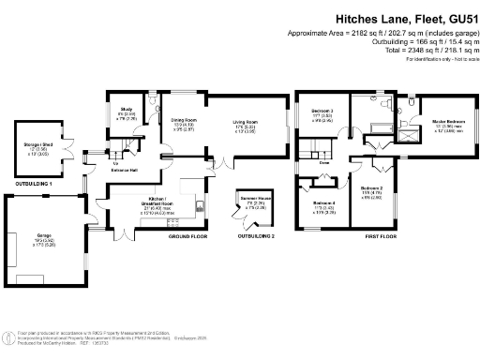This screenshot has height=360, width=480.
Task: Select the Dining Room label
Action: click(184, 120)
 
